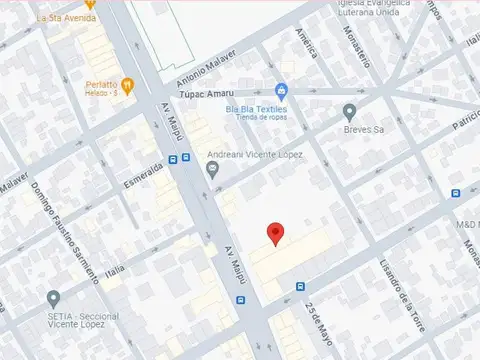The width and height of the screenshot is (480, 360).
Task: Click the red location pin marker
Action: coord(275,234)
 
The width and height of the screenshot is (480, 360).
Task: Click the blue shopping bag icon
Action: coord(282,91)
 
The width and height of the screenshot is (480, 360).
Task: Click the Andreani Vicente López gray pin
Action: coord(212,168)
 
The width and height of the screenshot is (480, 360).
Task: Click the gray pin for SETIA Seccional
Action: coord(53,297)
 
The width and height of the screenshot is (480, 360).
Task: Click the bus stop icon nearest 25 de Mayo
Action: coord(301,286)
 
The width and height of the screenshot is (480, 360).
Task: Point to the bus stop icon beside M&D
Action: coord(456,194)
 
